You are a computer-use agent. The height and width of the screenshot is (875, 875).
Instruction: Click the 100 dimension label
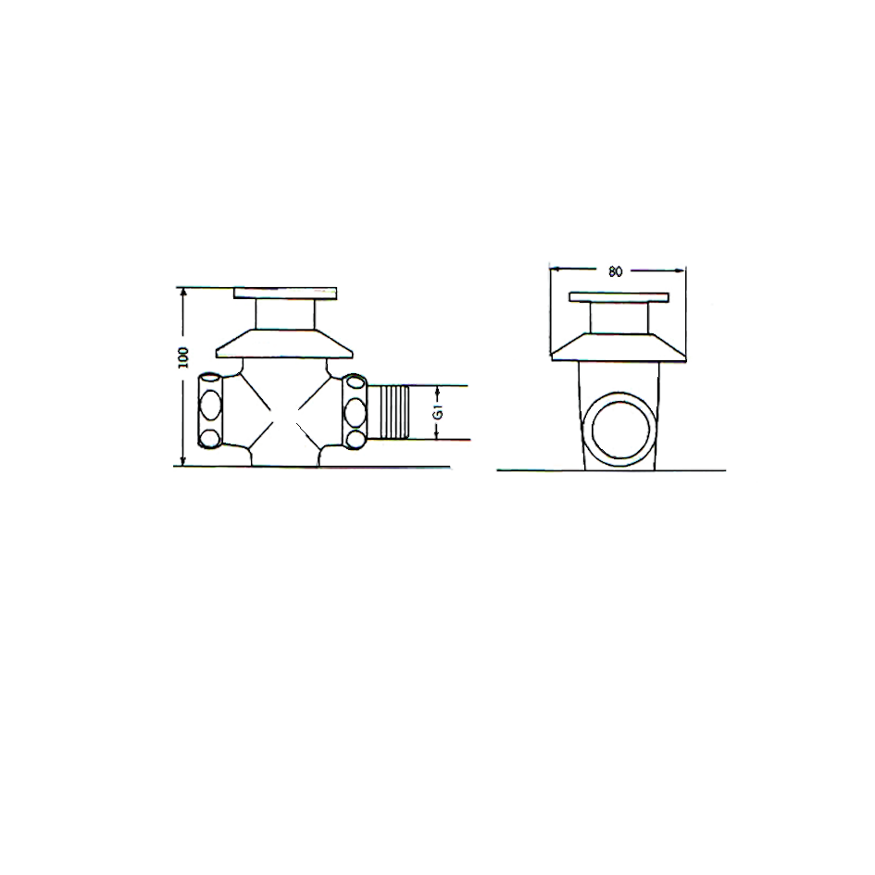pyautogui.click(x=183, y=357)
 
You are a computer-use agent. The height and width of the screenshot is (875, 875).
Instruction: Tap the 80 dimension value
pyautogui.click(x=615, y=272)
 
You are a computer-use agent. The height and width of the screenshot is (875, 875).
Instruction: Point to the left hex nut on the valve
pyautogui.click(x=211, y=411)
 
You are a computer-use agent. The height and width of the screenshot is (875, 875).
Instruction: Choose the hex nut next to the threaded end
pyautogui.click(x=355, y=412)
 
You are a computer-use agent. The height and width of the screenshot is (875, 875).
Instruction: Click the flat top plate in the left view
pyautogui.click(x=285, y=294)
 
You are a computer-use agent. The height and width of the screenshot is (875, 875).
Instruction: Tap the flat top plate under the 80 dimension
pyautogui.click(x=619, y=297)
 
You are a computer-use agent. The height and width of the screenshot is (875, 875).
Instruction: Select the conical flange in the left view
pyautogui.click(x=284, y=344)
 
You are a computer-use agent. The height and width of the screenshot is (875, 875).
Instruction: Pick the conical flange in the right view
pyautogui.click(x=619, y=347)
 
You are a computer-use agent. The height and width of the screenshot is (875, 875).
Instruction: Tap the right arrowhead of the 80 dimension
pyautogui.click(x=681, y=270)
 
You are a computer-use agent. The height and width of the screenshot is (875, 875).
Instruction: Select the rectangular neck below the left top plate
pyautogui.click(x=285, y=314)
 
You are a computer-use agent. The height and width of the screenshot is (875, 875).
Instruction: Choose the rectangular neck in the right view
pyautogui.click(x=619, y=319)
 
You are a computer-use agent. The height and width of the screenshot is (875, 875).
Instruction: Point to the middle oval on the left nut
pyautogui.click(x=211, y=406)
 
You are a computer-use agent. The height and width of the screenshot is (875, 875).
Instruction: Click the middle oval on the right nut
pyautogui.click(x=355, y=411)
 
